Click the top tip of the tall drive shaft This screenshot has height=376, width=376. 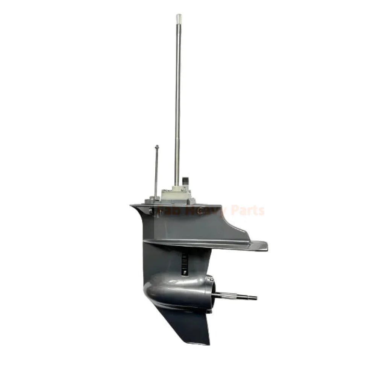click(x=179, y=16)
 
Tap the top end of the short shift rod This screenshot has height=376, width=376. click(x=156, y=147)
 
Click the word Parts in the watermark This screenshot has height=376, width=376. click(x=247, y=211)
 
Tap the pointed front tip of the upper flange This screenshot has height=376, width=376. click(x=132, y=206)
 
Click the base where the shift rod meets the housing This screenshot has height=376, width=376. click(x=155, y=198)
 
